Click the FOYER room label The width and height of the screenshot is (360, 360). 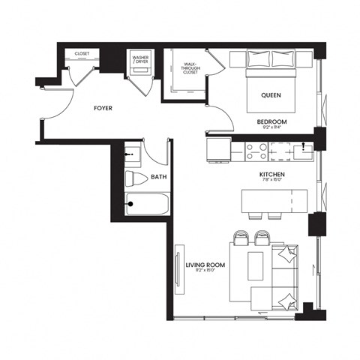point(103,109)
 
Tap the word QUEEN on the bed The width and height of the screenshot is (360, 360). point(271,95)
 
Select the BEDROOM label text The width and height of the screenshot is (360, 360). point(271,121)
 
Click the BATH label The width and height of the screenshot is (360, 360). point(158,178)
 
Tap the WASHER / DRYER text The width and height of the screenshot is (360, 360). point(140,58)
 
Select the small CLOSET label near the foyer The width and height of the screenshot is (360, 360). point(81,54)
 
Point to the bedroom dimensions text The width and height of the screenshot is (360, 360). point(271,128)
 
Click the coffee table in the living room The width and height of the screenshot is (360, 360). point(256,265)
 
